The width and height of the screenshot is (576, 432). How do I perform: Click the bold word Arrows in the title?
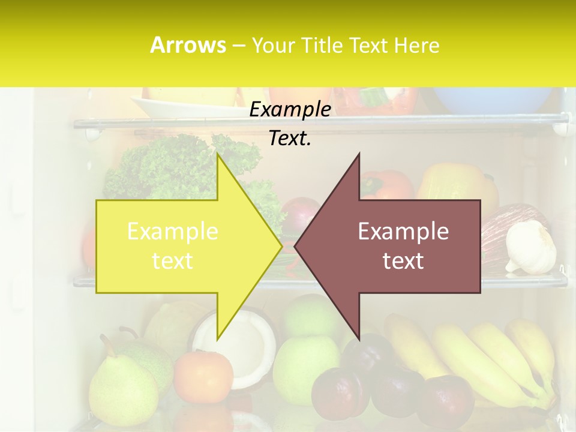point(188,45)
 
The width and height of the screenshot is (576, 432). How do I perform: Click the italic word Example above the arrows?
point(290,109)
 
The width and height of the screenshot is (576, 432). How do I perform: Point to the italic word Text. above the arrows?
point(290,138)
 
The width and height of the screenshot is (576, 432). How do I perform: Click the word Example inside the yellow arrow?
point(173,231)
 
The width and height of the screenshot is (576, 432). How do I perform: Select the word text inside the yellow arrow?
point(173,260)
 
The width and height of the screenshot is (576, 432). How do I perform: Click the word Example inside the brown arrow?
point(403,231)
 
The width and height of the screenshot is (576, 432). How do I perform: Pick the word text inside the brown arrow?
point(403,260)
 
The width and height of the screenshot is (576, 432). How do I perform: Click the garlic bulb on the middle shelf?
point(531,247)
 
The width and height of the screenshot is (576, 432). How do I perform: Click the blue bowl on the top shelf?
point(492,99)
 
